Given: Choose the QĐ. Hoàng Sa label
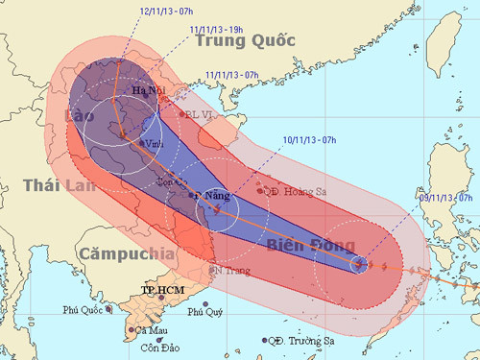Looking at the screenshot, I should [x=298, y=192].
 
